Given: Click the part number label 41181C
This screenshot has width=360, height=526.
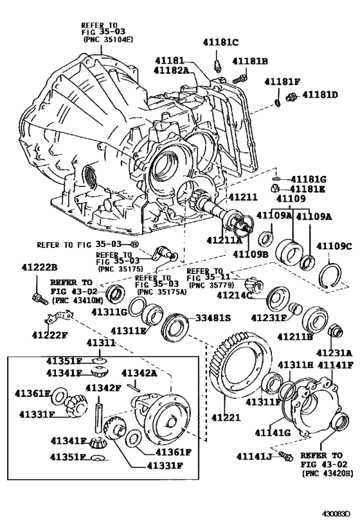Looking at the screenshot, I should [x=221, y=43].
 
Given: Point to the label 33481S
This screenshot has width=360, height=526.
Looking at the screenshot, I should [x=213, y=317].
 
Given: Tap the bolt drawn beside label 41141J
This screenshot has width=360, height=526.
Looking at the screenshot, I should [x=287, y=457].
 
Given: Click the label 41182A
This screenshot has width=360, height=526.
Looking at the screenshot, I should [x=172, y=71].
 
